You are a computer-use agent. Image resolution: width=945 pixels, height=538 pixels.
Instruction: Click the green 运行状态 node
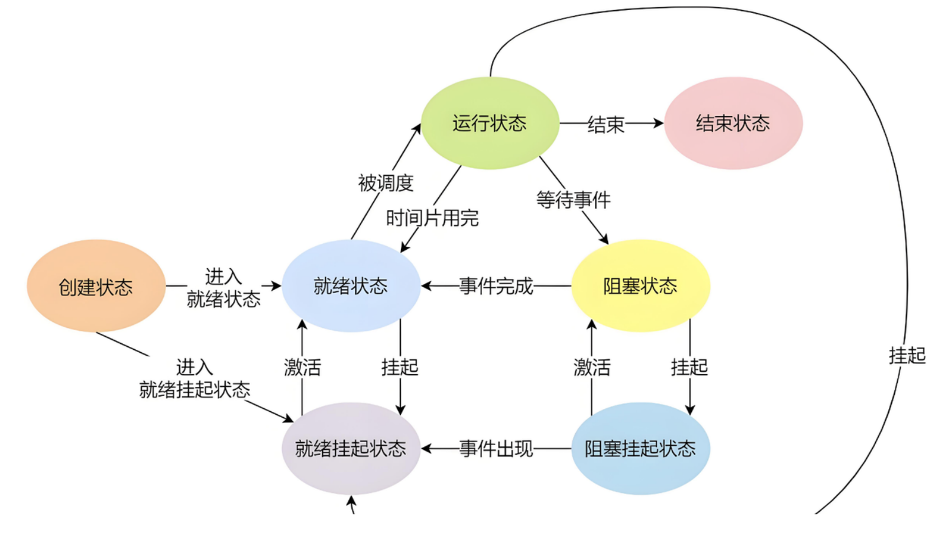[x=490, y=123]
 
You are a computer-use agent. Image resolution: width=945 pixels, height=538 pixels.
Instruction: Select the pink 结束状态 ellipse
[x=733, y=123]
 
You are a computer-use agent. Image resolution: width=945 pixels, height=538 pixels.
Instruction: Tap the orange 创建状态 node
[x=96, y=286]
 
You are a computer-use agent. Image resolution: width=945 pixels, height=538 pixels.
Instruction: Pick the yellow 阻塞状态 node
[x=640, y=286]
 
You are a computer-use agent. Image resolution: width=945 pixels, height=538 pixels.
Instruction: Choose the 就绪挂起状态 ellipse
[x=351, y=448]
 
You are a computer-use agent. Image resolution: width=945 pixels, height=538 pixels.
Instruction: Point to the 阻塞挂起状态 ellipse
[x=640, y=448]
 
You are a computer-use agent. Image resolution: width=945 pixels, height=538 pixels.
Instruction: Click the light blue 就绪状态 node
[x=351, y=286]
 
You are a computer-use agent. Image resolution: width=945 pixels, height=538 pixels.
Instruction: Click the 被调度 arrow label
[x=386, y=183]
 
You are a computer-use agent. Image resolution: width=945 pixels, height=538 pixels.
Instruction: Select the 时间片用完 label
[x=432, y=218]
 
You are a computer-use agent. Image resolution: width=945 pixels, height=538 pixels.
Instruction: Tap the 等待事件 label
[x=573, y=200]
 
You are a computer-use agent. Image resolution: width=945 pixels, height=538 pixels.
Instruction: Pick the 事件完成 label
[x=496, y=286]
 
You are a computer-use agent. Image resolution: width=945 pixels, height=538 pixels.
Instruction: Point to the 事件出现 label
[x=496, y=449]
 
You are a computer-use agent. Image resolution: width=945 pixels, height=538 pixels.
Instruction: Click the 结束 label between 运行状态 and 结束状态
[x=606, y=124]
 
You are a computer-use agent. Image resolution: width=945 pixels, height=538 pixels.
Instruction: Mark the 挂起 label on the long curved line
[x=907, y=356]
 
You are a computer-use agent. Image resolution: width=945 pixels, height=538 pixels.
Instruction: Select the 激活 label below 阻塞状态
[x=592, y=368]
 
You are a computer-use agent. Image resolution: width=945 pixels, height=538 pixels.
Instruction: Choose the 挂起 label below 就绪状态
[x=400, y=368]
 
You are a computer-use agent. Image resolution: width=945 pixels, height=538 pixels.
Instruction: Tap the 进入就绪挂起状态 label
[x=195, y=379]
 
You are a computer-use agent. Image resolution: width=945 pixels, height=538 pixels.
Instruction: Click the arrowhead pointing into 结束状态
[x=658, y=123]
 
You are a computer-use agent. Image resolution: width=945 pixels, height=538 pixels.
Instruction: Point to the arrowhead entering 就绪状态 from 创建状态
[x=276, y=286]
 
